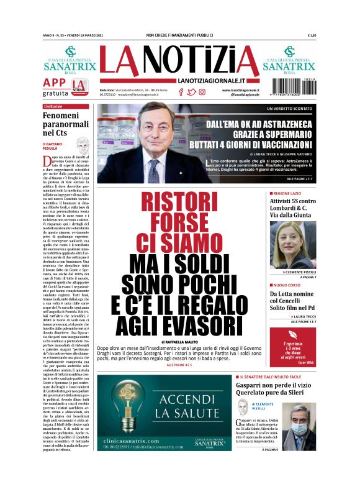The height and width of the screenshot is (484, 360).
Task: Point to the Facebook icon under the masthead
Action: [x=181, y=91]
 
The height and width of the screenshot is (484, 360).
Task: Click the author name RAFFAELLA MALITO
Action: [x=182, y=342]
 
